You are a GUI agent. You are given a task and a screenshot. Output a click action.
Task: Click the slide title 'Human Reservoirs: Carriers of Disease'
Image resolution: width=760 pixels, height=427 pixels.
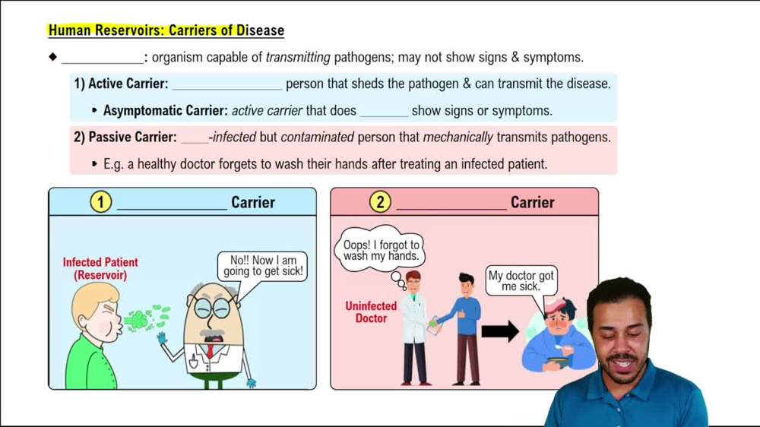tap(166, 31)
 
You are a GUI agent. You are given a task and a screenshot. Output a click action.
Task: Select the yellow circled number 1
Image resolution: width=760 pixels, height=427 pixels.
tap(100, 202)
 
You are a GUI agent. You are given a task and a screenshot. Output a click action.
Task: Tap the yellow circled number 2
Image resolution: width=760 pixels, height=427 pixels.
tap(380, 202)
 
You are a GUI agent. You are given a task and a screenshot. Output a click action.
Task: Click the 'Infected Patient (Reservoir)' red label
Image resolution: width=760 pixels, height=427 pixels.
tap(100, 269)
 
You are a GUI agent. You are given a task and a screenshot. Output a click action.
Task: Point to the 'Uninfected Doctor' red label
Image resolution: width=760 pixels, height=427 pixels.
tap(371, 312)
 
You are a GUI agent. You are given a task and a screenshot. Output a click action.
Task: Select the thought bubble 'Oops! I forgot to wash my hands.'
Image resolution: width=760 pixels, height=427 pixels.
tap(381, 250)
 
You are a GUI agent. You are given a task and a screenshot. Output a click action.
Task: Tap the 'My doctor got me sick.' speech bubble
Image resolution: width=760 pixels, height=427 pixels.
tap(521, 281)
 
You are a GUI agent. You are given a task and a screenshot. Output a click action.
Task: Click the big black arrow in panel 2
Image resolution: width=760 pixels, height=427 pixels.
tap(499, 331)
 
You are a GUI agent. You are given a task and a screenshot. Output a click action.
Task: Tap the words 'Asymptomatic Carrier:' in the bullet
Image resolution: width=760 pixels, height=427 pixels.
tap(166, 111)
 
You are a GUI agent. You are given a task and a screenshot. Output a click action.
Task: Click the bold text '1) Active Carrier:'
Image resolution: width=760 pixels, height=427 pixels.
tap(121, 84)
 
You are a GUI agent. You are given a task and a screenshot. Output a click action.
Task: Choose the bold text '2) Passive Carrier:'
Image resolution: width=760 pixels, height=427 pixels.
tap(125, 138)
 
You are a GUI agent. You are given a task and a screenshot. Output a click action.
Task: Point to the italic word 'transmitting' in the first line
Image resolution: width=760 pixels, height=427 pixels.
tap(298, 57)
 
